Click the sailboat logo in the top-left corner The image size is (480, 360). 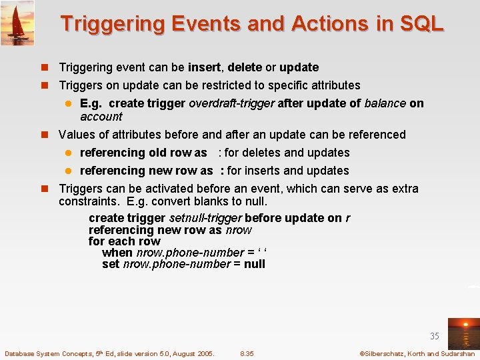tap(17, 23)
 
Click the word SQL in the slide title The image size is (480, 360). tap(419, 24)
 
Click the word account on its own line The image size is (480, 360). tap(101, 117)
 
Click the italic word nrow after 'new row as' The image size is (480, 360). tap(239, 230)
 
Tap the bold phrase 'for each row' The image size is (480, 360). tap(124, 241)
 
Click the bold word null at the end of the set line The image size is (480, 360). tap(254, 264)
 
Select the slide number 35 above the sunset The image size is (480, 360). tap(434, 336)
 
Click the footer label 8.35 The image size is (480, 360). tap(247, 353)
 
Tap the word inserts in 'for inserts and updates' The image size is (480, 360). tap(262, 171)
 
